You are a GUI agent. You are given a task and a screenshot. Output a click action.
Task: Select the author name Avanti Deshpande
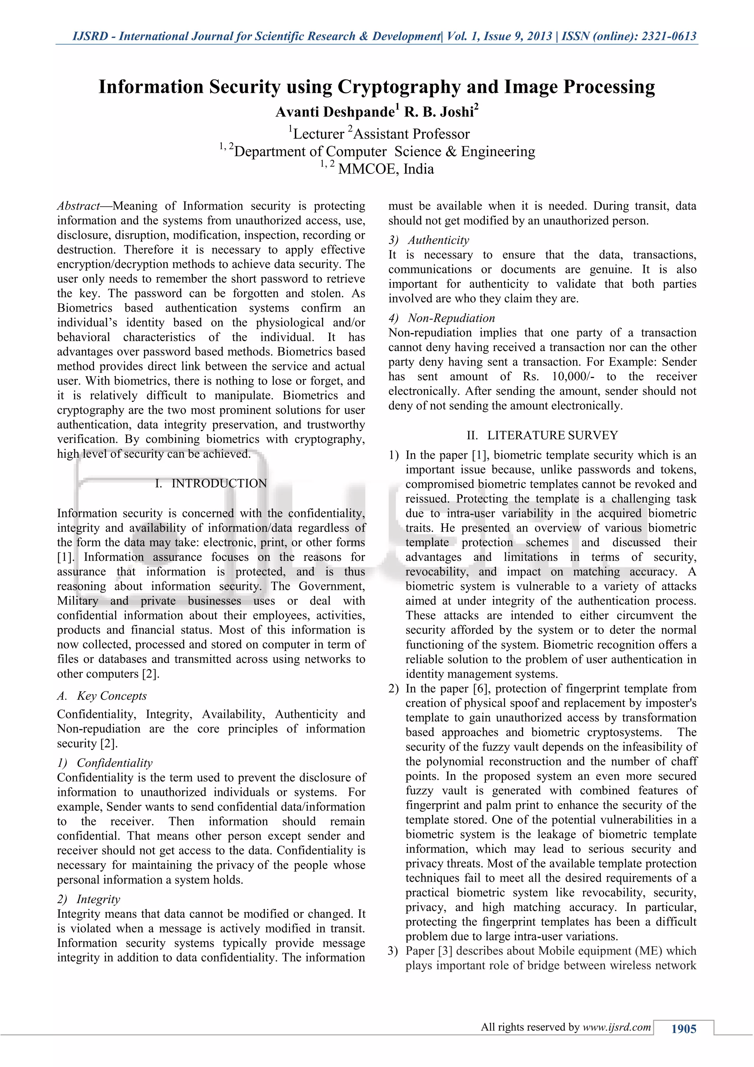[335, 112]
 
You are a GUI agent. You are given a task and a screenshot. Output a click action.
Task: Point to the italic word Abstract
[78, 206]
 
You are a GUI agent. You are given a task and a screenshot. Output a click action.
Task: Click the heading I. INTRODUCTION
[211, 483]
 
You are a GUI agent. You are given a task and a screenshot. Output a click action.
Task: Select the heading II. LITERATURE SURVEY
[542, 435]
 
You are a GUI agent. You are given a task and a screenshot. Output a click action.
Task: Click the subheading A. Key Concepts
[102, 696]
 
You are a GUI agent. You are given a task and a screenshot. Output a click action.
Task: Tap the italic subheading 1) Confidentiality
[105, 763]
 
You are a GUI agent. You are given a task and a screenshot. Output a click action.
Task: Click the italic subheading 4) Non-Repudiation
[442, 318]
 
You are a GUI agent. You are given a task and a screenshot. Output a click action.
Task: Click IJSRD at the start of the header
[90, 36]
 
